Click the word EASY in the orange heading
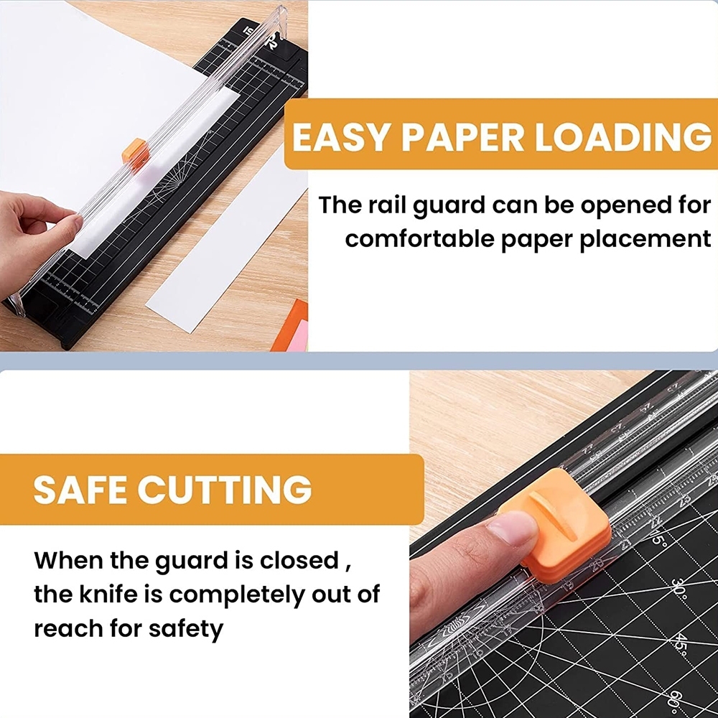coord(340,136)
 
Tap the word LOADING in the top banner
coord(623,136)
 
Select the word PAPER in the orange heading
coord(462,136)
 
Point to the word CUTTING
coord(224,490)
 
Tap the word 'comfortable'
coord(419,238)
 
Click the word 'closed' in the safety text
coord(299,560)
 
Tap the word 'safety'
coord(185,629)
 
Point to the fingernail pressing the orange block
coord(513,528)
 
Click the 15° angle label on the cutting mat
coord(658,536)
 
